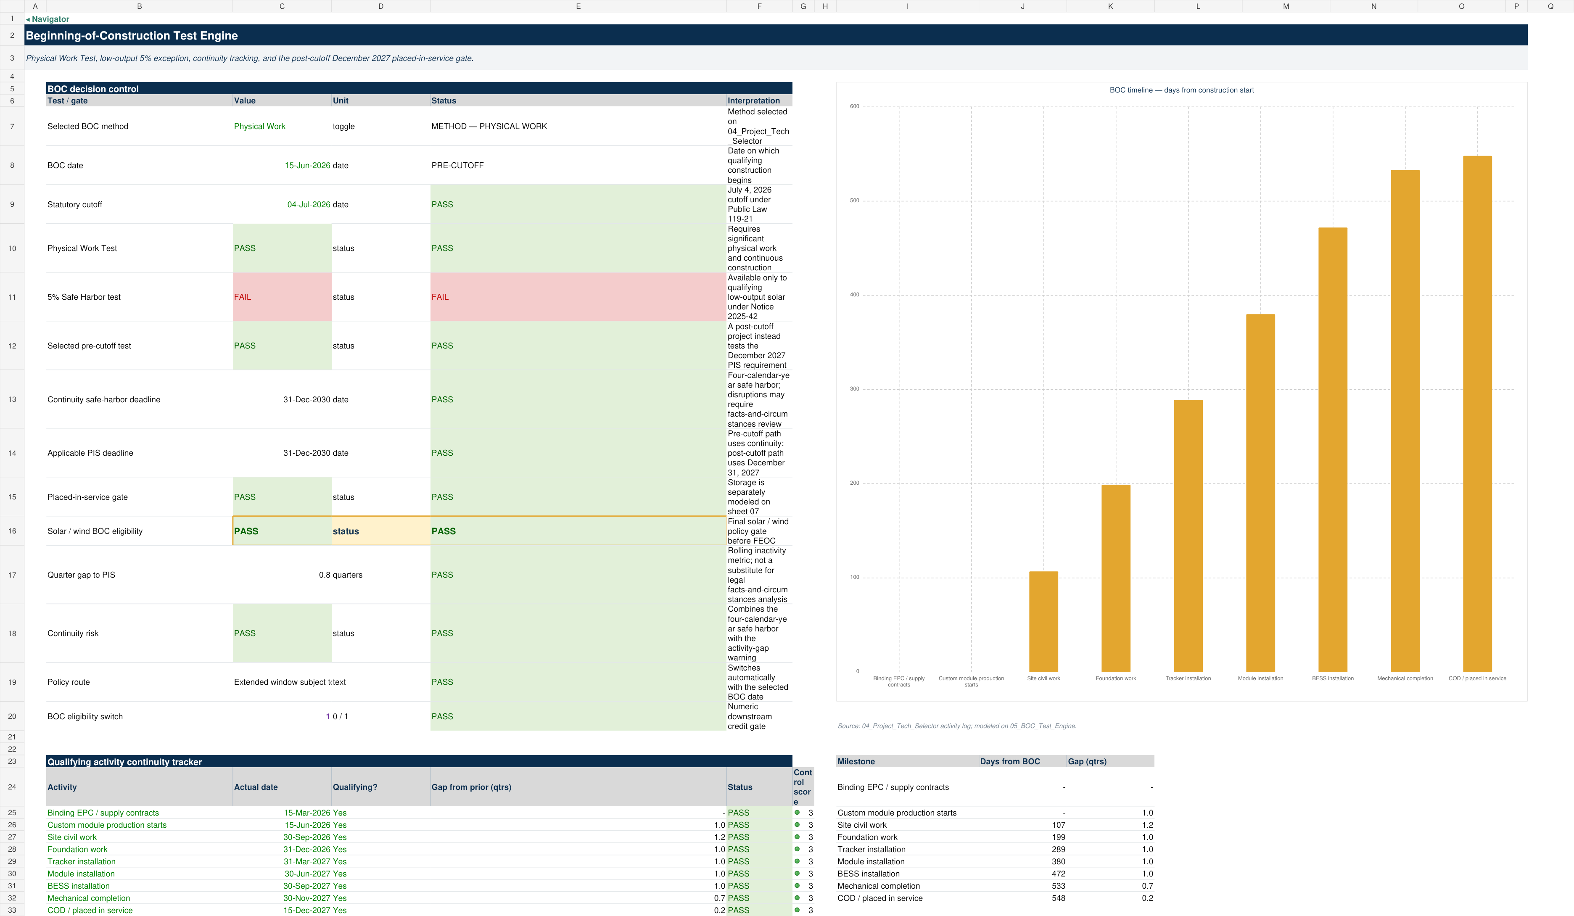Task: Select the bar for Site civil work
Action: click(x=1043, y=621)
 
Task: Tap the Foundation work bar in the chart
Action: click(x=1115, y=578)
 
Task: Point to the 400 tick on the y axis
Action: click(x=854, y=295)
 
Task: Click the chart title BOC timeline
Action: click(x=1181, y=90)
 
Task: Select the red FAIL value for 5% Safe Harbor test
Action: click(x=242, y=297)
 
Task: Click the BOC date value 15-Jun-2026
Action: click(x=307, y=166)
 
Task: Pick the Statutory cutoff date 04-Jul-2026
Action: click(x=309, y=205)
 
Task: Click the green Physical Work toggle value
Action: click(x=259, y=126)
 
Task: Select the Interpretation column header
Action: click(x=753, y=100)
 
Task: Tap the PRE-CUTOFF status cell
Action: click(x=457, y=166)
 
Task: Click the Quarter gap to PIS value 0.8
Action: click(x=324, y=575)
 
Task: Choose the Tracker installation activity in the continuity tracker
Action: click(x=81, y=862)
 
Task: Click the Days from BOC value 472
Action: click(x=1058, y=874)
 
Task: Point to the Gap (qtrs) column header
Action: click(x=1087, y=762)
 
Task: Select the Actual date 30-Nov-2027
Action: click(x=306, y=898)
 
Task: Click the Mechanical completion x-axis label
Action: click(x=1405, y=679)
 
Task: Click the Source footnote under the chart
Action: click(x=956, y=726)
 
